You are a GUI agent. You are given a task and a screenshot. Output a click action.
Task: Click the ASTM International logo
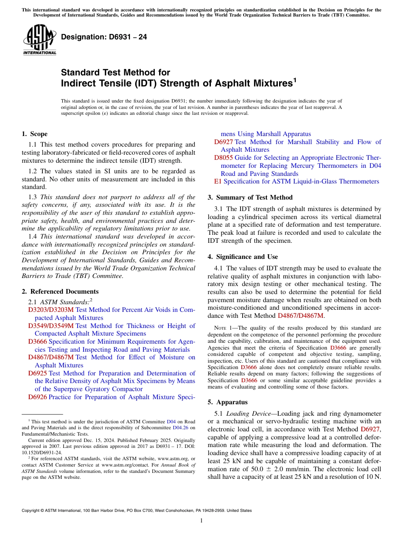point(39,40)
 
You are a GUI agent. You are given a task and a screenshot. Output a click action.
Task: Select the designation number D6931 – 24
point(104,37)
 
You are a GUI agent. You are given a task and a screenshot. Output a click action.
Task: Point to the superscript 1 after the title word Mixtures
point(295,79)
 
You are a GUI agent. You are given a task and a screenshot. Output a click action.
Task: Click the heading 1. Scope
point(34,134)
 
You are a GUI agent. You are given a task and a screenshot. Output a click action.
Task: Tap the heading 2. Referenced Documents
point(60,292)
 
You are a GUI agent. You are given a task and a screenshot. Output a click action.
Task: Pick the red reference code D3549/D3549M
point(51,326)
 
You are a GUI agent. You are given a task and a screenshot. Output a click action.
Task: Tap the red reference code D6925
point(37,373)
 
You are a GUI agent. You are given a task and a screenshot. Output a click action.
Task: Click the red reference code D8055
point(223,158)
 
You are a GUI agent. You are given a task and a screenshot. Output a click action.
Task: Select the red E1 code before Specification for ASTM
point(218,181)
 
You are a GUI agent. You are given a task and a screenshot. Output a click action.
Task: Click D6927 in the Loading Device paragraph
point(370,429)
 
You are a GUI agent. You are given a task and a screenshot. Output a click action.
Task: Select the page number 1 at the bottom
point(201,520)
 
